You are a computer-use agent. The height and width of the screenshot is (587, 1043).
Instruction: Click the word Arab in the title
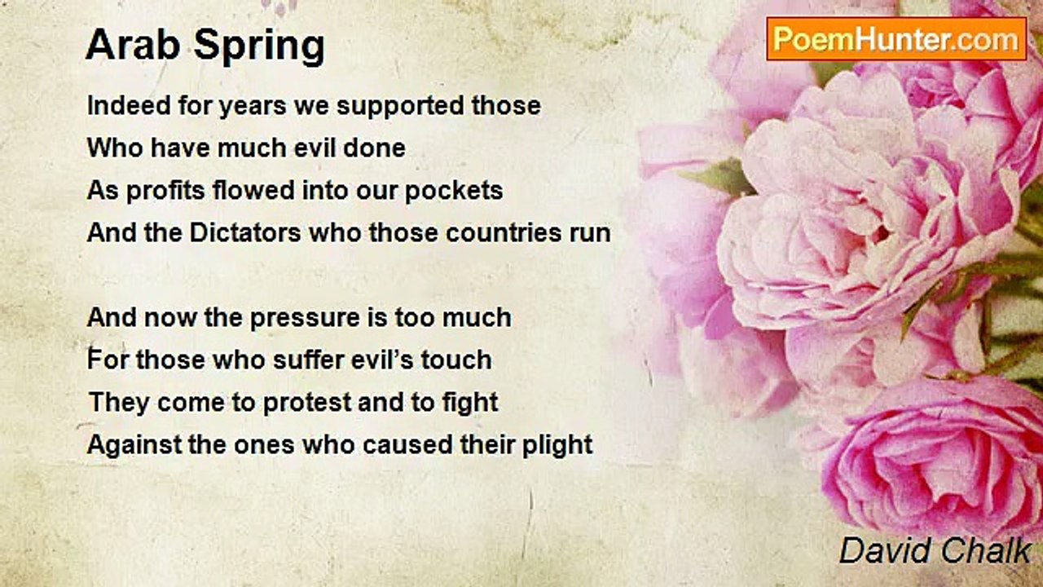pyautogui.click(x=133, y=45)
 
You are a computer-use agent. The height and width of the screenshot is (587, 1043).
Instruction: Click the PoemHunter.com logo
pyautogui.click(x=896, y=39)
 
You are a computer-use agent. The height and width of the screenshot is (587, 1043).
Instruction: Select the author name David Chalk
pyautogui.click(x=935, y=550)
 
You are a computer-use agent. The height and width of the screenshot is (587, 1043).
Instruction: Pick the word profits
pyautogui.click(x=165, y=192)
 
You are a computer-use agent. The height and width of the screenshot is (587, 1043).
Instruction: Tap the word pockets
pyautogui.click(x=454, y=191)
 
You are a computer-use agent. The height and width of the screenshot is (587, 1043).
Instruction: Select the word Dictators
pyautogui.click(x=245, y=232)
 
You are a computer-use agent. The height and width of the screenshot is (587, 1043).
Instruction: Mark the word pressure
pyautogui.click(x=305, y=319)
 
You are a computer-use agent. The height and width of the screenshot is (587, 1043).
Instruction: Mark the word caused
pyautogui.click(x=407, y=444)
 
